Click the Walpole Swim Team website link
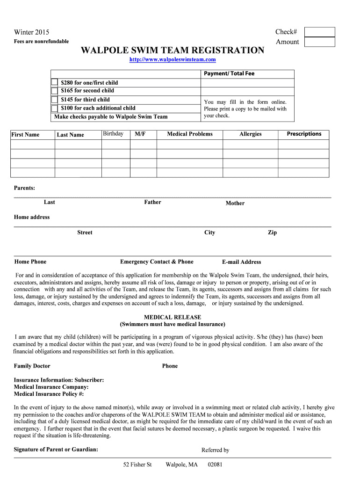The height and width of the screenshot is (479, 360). pos(173,60)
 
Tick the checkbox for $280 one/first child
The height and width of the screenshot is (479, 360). pos(54,83)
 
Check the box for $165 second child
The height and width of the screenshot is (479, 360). pos(54,91)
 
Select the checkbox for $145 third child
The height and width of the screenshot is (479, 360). pos(54,100)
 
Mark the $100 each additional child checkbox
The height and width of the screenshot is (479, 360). pos(54,108)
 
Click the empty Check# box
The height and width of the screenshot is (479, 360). pos(319,32)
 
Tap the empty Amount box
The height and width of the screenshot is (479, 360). pos(319,42)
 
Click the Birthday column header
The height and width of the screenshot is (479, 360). pos(113,134)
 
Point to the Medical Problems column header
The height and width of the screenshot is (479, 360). pos(190,134)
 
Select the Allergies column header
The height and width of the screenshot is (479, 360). pos(250,134)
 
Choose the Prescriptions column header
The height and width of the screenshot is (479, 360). pos(304,134)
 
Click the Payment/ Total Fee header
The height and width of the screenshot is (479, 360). pos(229,74)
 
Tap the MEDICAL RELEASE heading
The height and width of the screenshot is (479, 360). pos(173,317)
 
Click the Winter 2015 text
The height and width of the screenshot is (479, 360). pos(31,32)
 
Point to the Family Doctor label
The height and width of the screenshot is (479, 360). pos(32,366)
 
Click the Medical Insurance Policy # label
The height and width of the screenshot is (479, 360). pos(49,394)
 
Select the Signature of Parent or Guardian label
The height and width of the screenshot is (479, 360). pos(56,450)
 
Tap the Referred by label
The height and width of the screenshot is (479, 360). pos(215,450)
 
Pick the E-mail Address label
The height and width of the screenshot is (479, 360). pos(241,262)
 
